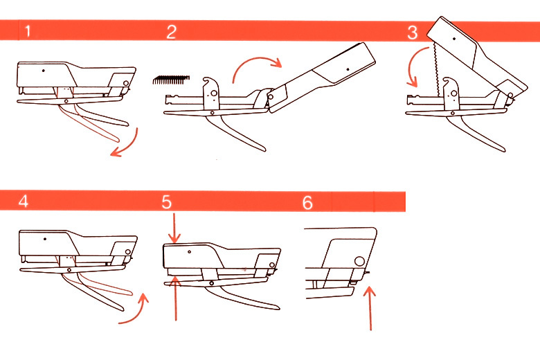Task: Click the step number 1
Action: [x=28, y=31]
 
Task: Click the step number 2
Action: [x=172, y=32]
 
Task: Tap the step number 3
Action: [x=412, y=33]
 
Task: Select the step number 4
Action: [x=24, y=201]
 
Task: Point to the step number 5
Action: [x=167, y=202]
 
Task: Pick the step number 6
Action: [x=307, y=203]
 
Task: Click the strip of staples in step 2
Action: [x=171, y=80]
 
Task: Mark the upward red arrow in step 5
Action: [x=176, y=296]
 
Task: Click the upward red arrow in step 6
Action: [x=370, y=308]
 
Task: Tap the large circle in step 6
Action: [x=359, y=261]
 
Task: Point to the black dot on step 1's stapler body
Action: [x=44, y=71]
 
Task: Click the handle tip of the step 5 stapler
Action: [x=278, y=307]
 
